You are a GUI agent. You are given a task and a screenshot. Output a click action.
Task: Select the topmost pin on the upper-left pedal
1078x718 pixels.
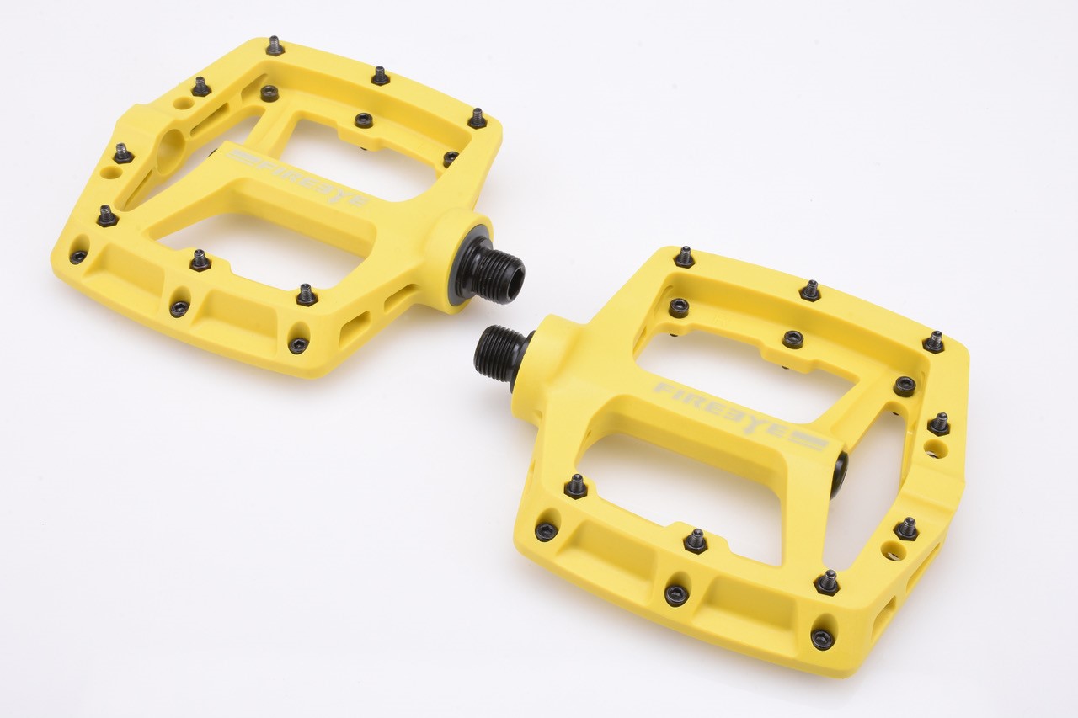[275, 45]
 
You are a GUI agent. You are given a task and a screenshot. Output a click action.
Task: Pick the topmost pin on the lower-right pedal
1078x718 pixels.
[685, 257]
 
